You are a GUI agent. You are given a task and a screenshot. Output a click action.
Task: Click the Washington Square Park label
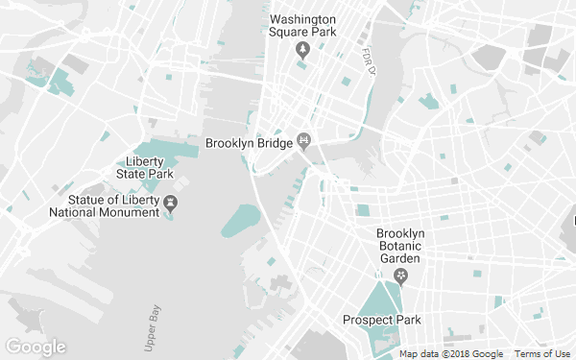point(303,26)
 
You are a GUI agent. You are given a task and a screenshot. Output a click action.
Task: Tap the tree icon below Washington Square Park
point(303,48)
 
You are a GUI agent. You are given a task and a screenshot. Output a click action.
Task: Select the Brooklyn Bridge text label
point(248,143)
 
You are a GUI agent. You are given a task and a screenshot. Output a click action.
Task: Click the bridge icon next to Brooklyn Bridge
point(304,143)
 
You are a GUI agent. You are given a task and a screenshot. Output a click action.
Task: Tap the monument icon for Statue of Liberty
point(171,203)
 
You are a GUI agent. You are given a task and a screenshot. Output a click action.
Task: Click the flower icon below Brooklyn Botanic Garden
point(402,276)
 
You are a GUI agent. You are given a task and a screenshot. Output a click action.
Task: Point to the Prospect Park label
point(381,320)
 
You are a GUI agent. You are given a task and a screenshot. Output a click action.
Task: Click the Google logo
point(35,347)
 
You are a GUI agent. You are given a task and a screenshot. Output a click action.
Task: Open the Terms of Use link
point(542,354)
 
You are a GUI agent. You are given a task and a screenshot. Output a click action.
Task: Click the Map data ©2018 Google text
point(451,354)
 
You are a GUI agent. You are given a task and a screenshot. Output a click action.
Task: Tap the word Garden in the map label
point(400,258)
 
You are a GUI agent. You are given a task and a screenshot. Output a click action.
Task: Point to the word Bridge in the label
point(271,143)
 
